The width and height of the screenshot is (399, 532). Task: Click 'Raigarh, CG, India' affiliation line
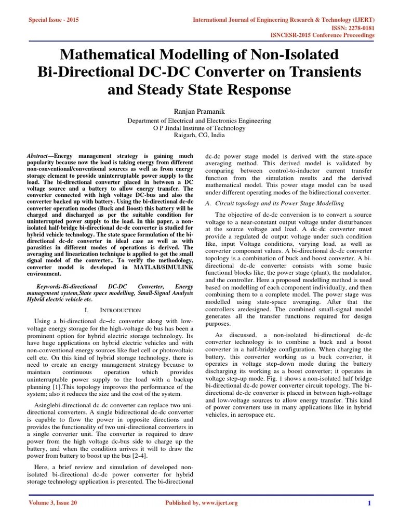pos(199,135)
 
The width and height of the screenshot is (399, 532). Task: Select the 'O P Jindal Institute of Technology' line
pos(199,128)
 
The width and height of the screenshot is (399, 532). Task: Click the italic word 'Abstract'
pos(38,156)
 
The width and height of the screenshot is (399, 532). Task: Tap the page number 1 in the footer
pos(368,503)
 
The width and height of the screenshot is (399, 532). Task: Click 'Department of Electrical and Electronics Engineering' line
pos(199,121)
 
